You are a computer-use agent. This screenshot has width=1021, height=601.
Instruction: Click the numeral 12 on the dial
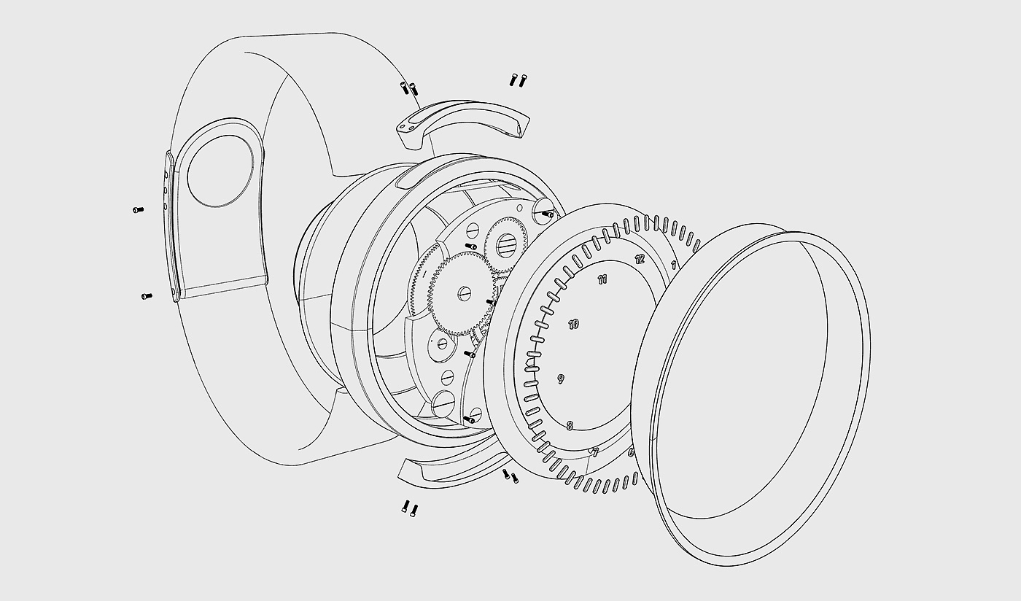[640, 258]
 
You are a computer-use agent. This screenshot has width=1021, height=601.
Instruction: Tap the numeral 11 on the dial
[602, 279]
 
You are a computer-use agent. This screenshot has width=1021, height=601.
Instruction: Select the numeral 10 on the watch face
[574, 324]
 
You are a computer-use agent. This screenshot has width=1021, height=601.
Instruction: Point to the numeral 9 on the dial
[560, 379]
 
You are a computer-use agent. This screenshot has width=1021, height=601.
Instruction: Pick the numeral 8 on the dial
[570, 425]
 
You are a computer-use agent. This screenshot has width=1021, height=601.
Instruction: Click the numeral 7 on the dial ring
[595, 452]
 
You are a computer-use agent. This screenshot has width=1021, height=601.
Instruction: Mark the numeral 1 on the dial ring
[673, 264]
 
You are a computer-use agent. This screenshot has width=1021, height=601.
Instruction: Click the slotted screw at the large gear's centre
[465, 293]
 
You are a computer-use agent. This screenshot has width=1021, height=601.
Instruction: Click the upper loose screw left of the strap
[138, 210]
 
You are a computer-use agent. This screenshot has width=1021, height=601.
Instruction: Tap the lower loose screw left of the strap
[146, 295]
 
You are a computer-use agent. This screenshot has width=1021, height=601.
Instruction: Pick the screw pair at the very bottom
[409, 508]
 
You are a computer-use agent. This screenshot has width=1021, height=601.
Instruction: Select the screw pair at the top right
[518, 80]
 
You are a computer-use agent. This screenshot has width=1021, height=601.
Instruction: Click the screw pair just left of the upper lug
[408, 88]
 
